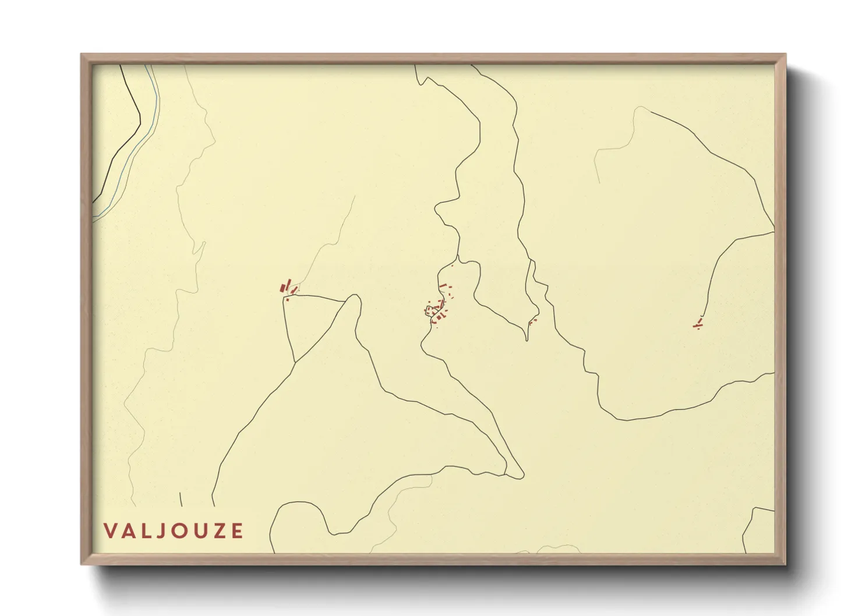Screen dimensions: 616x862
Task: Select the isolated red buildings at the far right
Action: (x=698, y=324)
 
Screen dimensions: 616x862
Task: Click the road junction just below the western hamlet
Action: (x=285, y=298)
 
